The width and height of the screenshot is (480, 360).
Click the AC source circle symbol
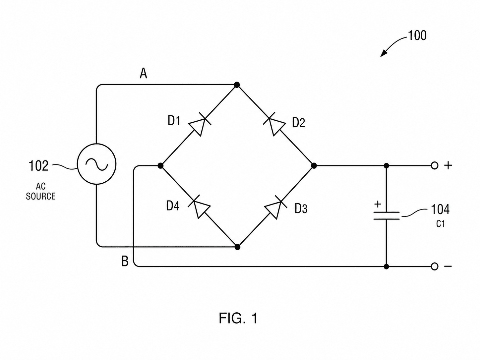click(96, 164)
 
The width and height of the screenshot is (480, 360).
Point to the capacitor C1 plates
click(387, 215)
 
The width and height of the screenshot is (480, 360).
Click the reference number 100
click(417, 35)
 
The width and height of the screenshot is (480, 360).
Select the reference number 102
click(38, 166)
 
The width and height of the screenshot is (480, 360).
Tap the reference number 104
click(440, 209)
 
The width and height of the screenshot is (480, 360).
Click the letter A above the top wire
click(144, 73)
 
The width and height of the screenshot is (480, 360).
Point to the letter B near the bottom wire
click(125, 261)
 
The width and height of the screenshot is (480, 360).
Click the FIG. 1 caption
click(238, 318)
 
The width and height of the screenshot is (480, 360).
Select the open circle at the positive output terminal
click(435, 166)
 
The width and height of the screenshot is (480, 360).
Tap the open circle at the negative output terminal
click(435, 267)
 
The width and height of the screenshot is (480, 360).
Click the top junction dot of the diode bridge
click(237, 85)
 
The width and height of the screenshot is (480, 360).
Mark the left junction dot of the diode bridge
click(160, 166)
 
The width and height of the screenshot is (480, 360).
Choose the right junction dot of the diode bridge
click(314, 166)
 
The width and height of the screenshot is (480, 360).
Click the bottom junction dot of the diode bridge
click(237, 247)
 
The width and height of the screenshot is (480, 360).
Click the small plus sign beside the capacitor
click(378, 204)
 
